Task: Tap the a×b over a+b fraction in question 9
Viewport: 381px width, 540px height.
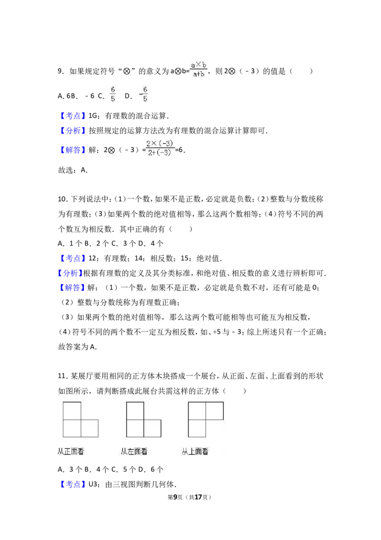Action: click(x=199, y=69)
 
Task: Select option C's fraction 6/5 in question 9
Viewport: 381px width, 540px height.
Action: click(x=113, y=94)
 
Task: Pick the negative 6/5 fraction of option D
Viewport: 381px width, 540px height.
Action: click(x=144, y=94)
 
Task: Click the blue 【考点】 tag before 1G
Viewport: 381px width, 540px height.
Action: click(x=72, y=116)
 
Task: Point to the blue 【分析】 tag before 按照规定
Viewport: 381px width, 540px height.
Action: click(x=72, y=131)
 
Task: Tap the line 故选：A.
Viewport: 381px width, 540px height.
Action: click(x=73, y=170)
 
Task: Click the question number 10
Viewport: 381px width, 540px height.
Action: click(x=62, y=199)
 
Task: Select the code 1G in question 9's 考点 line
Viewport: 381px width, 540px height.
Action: click(x=93, y=116)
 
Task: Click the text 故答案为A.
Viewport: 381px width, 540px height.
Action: click(x=77, y=347)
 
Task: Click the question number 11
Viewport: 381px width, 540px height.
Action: click(x=62, y=376)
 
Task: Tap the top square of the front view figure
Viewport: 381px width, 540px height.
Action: click(x=72, y=411)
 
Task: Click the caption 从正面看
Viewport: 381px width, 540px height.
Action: click(x=71, y=451)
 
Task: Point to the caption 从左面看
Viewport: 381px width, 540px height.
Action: click(x=134, y=451)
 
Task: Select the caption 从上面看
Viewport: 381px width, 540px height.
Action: click(x=195, y=451)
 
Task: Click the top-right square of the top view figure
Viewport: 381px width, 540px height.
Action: click(x=215, y=411)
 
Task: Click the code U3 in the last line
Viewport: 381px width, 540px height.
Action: click(x=93, y=484)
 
